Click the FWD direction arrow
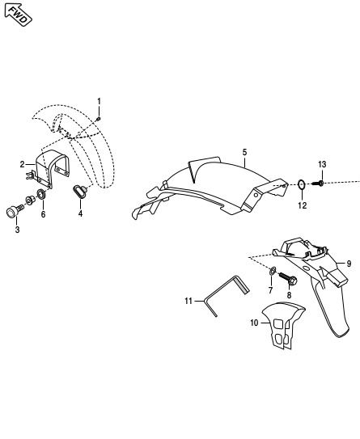(x=18, y=15)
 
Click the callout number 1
(x=99, y=101)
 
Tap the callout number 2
(x=23, y=164)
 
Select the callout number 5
(x=244, y=152)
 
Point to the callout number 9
(x=349, y=264)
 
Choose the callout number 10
(x=254, y=323)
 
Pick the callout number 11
(x=188, y=301)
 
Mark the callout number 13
(x=322, y=164)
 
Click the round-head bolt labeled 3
(x=13, y=212)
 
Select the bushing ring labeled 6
(x=42, y=194)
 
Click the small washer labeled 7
(x=273, y=271)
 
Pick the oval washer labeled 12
(x=302, y=184)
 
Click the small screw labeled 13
(x=318, y=184)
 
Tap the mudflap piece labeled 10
(x=283, y=325)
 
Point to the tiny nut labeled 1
(x=99, y=120)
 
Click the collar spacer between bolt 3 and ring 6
(x=30, y=201)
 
